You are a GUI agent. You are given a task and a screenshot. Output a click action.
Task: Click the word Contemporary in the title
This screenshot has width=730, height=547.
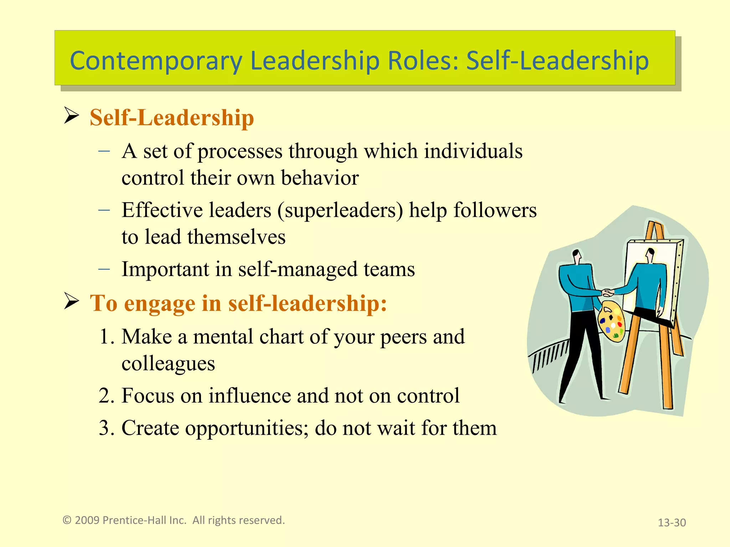(156, 61)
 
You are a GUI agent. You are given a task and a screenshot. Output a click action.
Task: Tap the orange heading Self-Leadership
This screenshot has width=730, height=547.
(171, 118)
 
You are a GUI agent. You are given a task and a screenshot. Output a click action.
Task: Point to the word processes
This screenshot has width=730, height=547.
(240, 151)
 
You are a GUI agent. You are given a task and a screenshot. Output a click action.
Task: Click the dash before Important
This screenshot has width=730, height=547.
(104, 269)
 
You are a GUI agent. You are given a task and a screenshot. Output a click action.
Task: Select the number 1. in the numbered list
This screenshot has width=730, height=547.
(107, 337)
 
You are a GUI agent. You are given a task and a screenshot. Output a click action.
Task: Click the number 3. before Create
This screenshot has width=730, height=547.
(107, 428)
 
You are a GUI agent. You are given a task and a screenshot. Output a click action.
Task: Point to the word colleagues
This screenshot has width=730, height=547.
(168, 364)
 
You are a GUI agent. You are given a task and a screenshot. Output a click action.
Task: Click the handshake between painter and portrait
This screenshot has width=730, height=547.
(608, 293)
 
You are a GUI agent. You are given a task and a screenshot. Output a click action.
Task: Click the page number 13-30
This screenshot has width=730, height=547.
(672, 522)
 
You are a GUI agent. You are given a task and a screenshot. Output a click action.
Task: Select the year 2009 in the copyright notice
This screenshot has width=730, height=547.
(87, 520)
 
